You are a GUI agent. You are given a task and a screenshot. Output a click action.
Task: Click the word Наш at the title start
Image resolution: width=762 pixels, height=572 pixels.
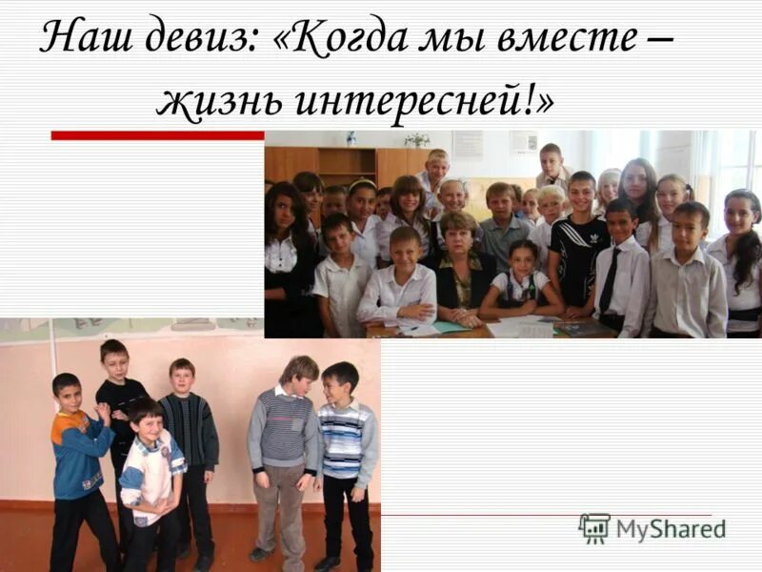[83, 39]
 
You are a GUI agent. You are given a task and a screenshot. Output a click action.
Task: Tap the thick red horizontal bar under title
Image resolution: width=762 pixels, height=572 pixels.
[157, 135]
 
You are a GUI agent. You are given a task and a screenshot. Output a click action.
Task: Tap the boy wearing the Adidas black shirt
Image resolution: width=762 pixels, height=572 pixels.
[579, 248]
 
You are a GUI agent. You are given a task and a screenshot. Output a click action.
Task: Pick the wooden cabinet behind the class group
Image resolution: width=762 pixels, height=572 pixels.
[348, 164]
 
